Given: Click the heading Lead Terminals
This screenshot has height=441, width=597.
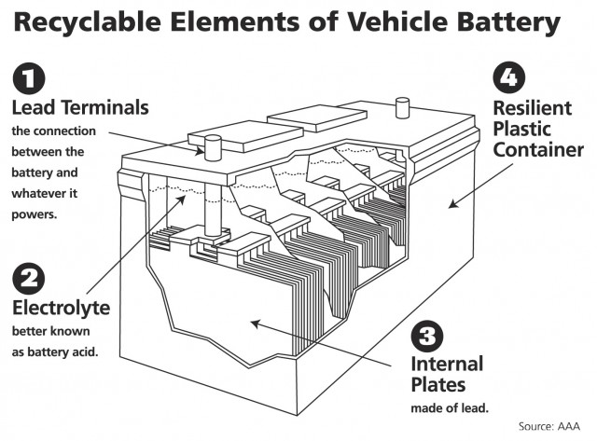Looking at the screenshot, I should [x=79, y=107].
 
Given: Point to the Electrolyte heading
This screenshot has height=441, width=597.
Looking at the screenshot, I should [x=61, y=307].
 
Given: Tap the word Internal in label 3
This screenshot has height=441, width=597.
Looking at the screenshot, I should [x=447, y=364].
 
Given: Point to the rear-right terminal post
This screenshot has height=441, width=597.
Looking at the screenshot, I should [x=403, y=107].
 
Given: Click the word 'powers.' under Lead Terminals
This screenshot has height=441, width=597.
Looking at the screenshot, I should [x=34, y=214].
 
